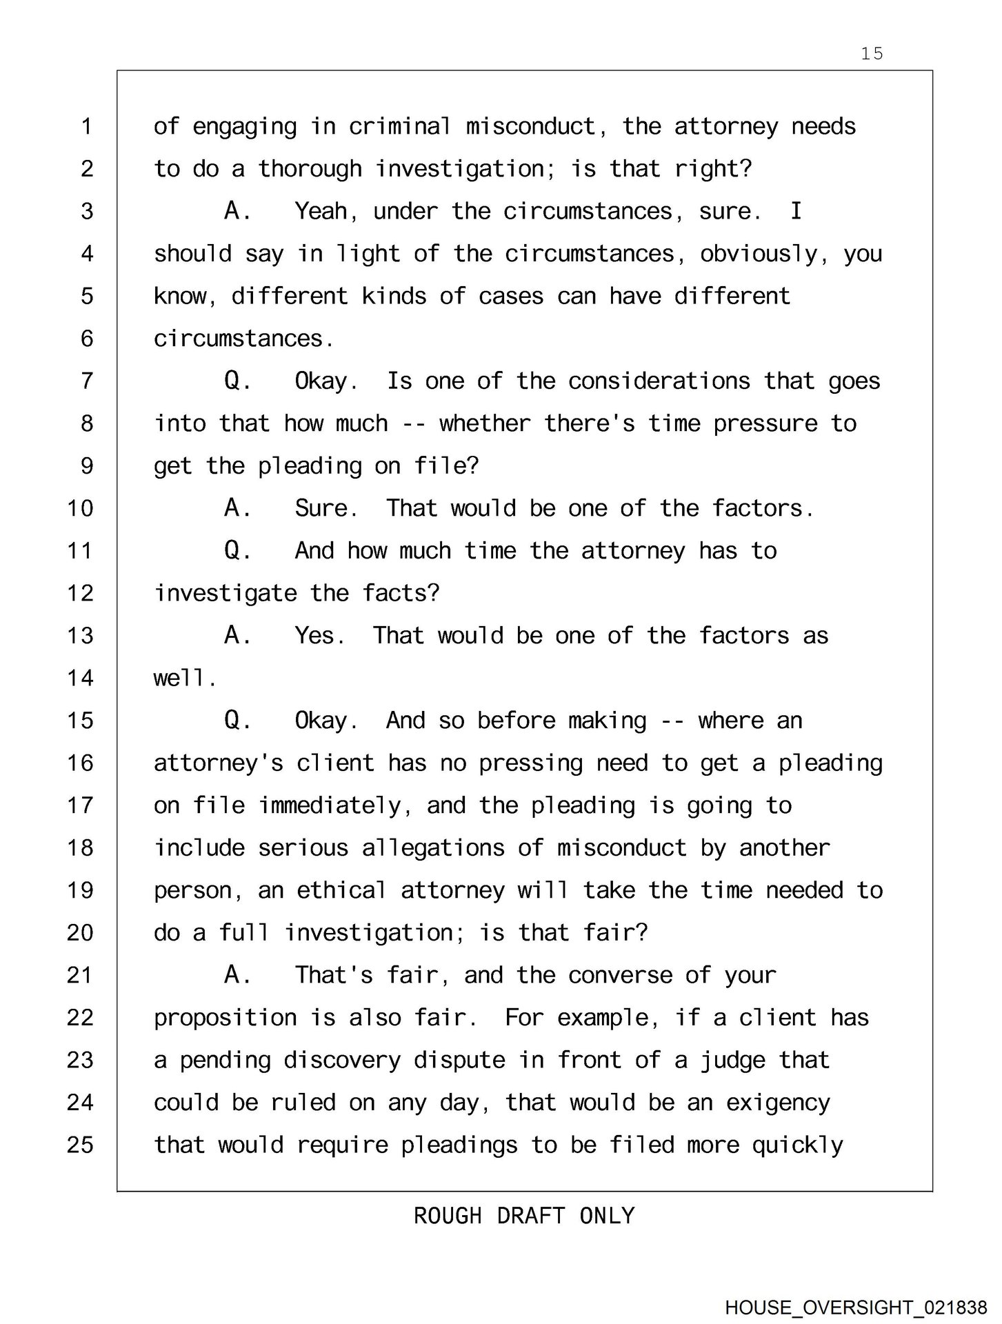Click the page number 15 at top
point(872,54)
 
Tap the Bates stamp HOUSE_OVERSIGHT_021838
point(855,1307)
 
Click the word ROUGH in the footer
point(448,1215)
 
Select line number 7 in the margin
point(87,381)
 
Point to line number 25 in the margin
point(80,1145)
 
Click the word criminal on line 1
point(400,127)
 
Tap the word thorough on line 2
point(310,169)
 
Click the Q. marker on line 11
point(237,551)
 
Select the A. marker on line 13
point(237,636)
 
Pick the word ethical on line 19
point(341,890)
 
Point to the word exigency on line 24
point(778,1103)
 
